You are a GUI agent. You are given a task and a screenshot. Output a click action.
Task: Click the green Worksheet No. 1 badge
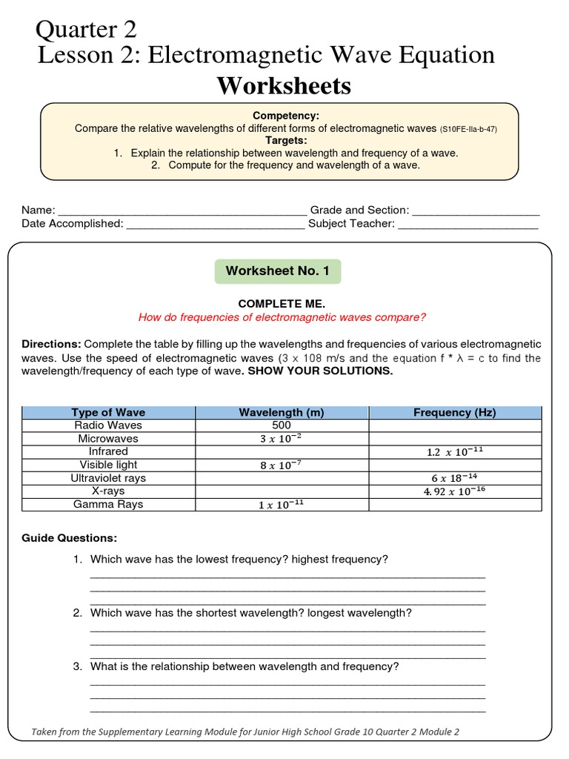pyautogui.click(x=278, y=271)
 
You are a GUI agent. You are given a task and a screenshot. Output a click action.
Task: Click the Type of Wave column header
pyautogui.click(x=108, y=412)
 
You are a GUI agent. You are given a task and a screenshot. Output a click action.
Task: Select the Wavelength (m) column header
pyautogui.click(x=282, y=412)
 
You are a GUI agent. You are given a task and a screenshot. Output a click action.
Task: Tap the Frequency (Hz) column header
pyautogui.click(x=455, y=412)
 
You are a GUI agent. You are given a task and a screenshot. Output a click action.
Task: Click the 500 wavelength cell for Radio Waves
pyautogui.click(x=282, y=425)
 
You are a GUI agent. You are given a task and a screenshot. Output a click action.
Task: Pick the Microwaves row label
pyautogui.click(x=108, y=438)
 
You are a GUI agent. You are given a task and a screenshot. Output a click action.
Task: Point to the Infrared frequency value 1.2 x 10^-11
pyautogui.click(x=455, y=451)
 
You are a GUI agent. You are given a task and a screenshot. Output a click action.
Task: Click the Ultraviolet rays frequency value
pyautogui.click(x=455, y=478)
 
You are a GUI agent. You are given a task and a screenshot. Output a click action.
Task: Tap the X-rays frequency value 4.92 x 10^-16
pyautogui.click(x=455, y=491)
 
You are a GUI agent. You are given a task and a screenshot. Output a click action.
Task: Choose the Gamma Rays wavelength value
pyautogui.click(x=282, y=505)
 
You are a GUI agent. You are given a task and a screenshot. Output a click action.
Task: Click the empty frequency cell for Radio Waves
pyautogui.click(x=455, y=425)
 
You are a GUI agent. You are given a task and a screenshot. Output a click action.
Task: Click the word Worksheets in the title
pyautogui.click(x=284, y=86)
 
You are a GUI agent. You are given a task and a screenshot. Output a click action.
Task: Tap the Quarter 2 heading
pyautogui.click(x=86, y=30)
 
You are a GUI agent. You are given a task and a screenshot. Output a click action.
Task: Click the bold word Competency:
pyautogui.click(x=286, y=116)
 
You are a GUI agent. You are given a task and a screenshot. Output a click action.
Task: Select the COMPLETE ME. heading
pyautogui.click(x=282, y=304)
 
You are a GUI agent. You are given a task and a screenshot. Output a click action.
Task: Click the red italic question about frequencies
pyautogui.click(x=282, y=317)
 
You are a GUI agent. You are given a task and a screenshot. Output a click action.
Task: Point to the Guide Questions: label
pyautogui.click(x=69, y=538)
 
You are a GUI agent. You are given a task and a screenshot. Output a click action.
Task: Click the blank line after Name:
pyautogui.click(x=182, y=211)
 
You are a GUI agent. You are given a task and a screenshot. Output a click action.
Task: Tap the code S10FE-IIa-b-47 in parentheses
pyautogui.click(x=468, y=129)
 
